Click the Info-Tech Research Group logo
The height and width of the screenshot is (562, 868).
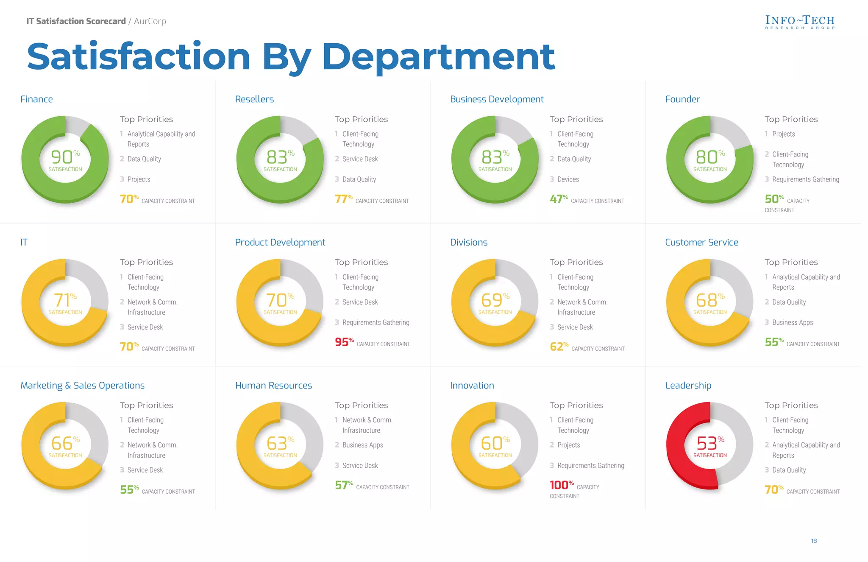(800, 22)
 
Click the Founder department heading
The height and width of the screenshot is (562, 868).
(682, 99)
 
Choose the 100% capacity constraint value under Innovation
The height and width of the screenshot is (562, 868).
(561, 485)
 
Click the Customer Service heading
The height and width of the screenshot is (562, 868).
(701, 242)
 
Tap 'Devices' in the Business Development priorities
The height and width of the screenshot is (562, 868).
(568, 179)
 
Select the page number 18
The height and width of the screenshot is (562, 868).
(814, 541)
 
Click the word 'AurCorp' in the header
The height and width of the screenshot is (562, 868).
(150, 21)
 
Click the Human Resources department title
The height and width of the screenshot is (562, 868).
(273, 385)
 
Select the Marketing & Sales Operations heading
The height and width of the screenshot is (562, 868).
(82, 385)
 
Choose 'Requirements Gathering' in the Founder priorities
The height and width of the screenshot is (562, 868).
(805, 179)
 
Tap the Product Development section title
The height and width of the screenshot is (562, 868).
(280, 242)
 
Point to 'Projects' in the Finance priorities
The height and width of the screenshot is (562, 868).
(139, 179)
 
